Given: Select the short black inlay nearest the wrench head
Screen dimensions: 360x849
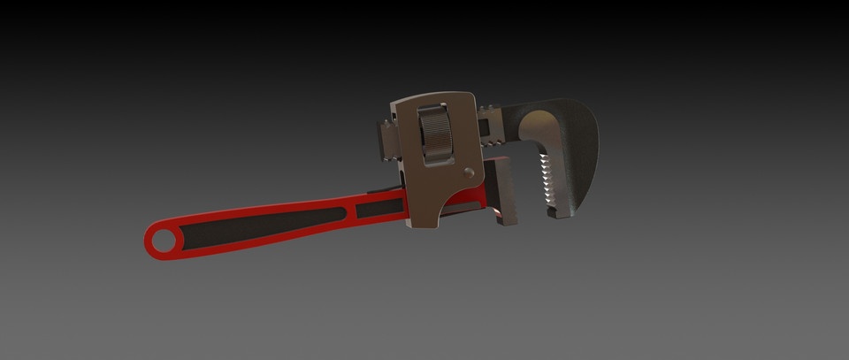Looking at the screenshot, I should pos(381,209).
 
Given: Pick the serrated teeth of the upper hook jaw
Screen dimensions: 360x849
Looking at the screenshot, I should pos(546,181).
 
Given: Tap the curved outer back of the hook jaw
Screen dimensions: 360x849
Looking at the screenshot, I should pos(587,142).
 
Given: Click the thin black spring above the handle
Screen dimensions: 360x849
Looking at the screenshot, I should pos(383,188).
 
